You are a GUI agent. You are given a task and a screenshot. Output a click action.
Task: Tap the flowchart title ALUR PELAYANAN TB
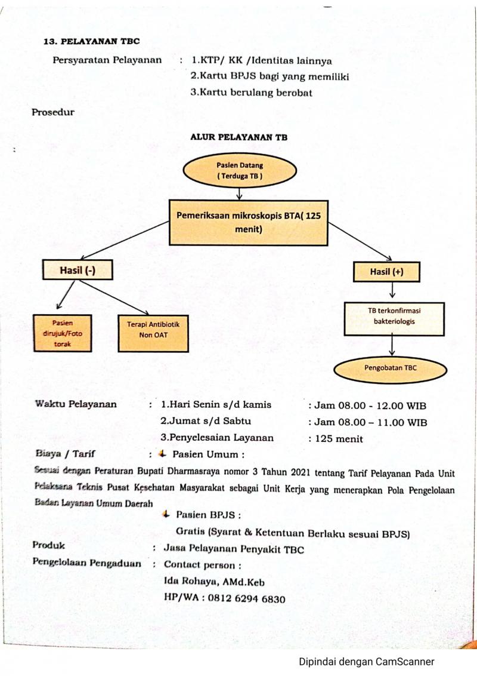click(x=238, y=137)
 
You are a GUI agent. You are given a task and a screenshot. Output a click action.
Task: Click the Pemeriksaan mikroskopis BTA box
click(x=248, y=222)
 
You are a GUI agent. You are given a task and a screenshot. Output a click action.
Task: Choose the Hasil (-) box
click(x=78, y=271)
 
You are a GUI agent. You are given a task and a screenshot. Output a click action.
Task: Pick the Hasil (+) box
click(x=386, y=272)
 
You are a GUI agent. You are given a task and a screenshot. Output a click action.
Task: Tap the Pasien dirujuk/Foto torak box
click(x=63, y=333)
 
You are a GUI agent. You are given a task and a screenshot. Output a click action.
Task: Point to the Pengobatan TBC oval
click(x=391, y=368)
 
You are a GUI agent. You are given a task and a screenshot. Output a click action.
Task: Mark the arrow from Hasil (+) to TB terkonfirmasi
click(x=392, y=291)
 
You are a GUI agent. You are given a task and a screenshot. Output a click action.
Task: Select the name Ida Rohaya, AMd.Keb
click(x=214, y=582)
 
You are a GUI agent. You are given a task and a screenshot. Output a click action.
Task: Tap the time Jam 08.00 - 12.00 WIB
click(x=367, y=405)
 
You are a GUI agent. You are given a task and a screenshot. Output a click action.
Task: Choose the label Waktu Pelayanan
click(x=76, y=404)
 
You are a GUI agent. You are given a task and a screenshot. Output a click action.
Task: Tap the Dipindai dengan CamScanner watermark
click(x=367, y=662)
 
